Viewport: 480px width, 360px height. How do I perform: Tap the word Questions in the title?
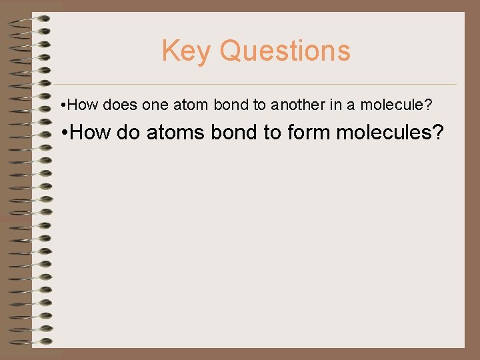coord(285,51)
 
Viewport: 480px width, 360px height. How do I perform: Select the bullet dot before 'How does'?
coord(62,105)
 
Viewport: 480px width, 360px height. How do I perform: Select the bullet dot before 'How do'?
coord(62,133)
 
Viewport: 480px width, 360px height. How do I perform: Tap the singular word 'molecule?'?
coord(401,105)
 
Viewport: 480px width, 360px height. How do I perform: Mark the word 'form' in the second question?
coord(309,133)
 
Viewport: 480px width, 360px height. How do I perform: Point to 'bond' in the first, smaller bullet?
coord(231,105)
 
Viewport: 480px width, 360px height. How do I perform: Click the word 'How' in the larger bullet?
coord(91,133)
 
